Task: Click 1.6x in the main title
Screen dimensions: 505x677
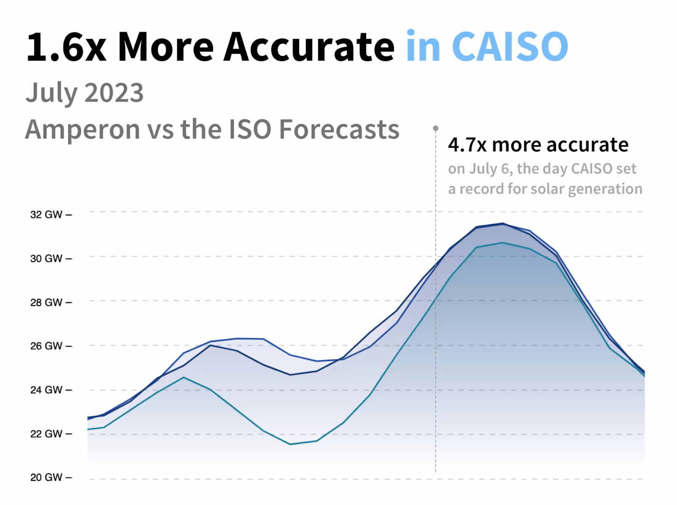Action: click(x=66, y=47)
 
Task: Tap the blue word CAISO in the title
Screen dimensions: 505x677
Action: click(x=510, y=47)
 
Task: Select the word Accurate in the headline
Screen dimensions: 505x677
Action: click(x=309, y=47)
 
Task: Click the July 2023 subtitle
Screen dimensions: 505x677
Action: click(x=85, y=93)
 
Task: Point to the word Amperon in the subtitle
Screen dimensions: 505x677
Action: click(x=83, y=130)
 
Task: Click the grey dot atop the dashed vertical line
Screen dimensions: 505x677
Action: click(x=435, y=128)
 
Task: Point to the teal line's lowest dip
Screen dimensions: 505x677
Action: click(x=290, y=444)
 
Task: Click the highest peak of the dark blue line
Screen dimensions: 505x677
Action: click(x=503, y=223)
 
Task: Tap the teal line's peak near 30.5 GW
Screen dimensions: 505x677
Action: click(x=503, y=243)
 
